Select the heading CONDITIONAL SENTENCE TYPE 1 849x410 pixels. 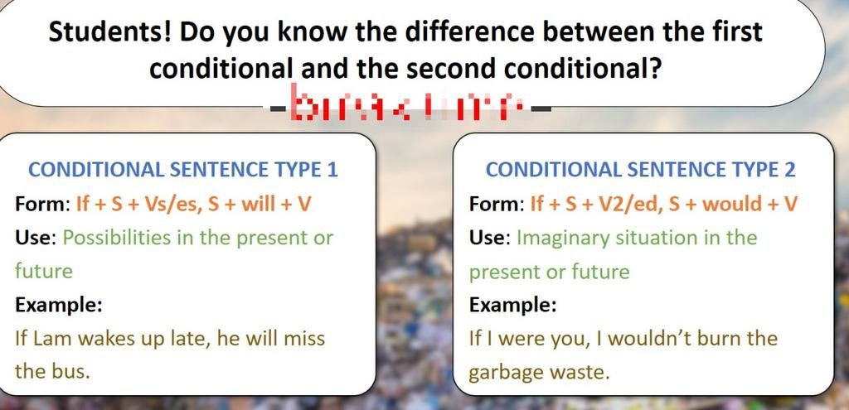click(x=183, y=170)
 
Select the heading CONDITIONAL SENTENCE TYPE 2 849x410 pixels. click(x=640, y=170)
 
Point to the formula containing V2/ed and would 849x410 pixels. click(x=663, y=204)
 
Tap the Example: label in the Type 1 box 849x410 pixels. click(x=59, y=304)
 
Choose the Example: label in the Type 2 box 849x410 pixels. click(x=512, y=304)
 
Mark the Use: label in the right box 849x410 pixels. click(x=489, y=238)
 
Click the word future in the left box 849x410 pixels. click(x=44, y=271)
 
